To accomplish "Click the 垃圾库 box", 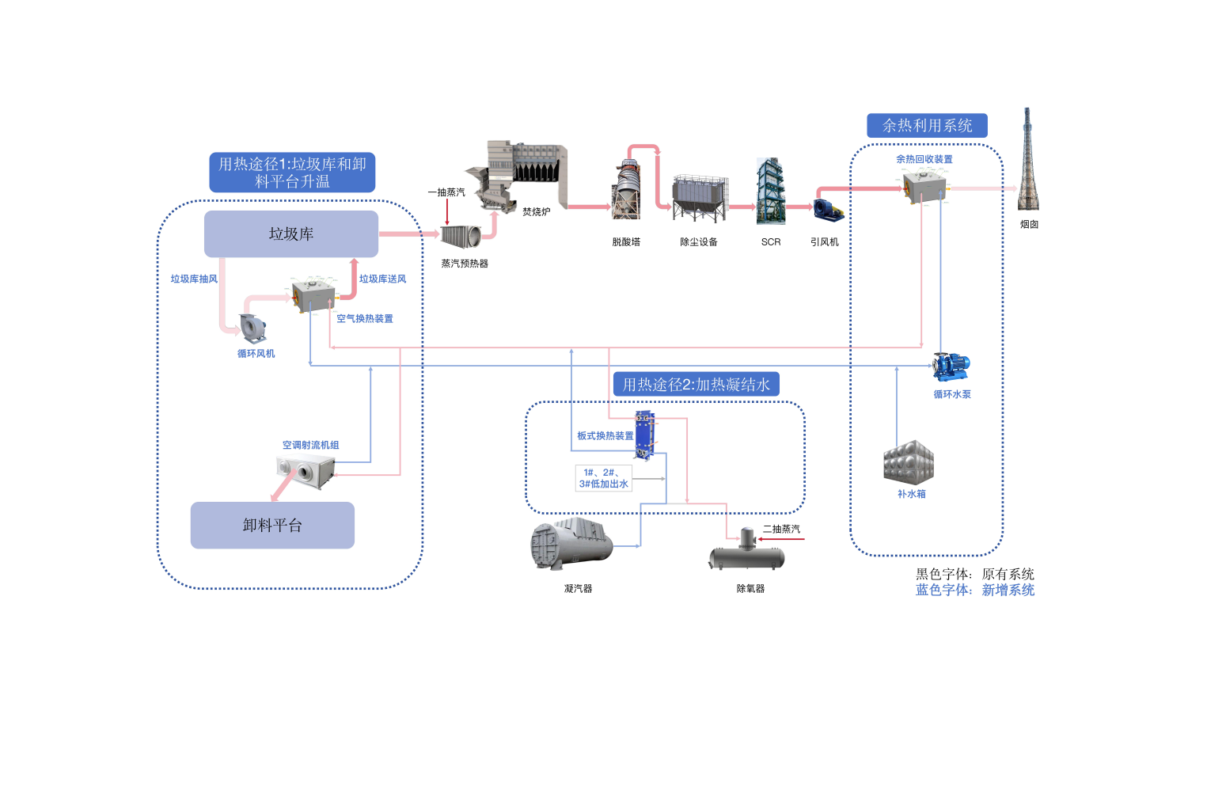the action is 291,234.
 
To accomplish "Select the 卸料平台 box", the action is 272,526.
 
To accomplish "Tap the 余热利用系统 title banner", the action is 927,126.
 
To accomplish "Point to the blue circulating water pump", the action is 951,366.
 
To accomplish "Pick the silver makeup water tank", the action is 909,461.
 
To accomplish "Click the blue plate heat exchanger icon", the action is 645,435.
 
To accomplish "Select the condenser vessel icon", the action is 572,543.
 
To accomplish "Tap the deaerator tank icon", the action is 747,551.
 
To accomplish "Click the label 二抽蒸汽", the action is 781,529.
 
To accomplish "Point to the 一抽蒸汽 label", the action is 446,192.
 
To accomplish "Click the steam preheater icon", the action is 461,236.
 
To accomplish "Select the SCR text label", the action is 771,242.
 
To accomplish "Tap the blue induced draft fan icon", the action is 828,210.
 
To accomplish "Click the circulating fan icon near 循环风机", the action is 252,328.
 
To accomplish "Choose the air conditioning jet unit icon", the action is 306,470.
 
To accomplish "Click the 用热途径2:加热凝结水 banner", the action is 696,384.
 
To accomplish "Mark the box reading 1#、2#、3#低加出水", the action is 603,478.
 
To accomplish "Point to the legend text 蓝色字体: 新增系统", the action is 975,590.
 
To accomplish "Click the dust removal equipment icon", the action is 700,198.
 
